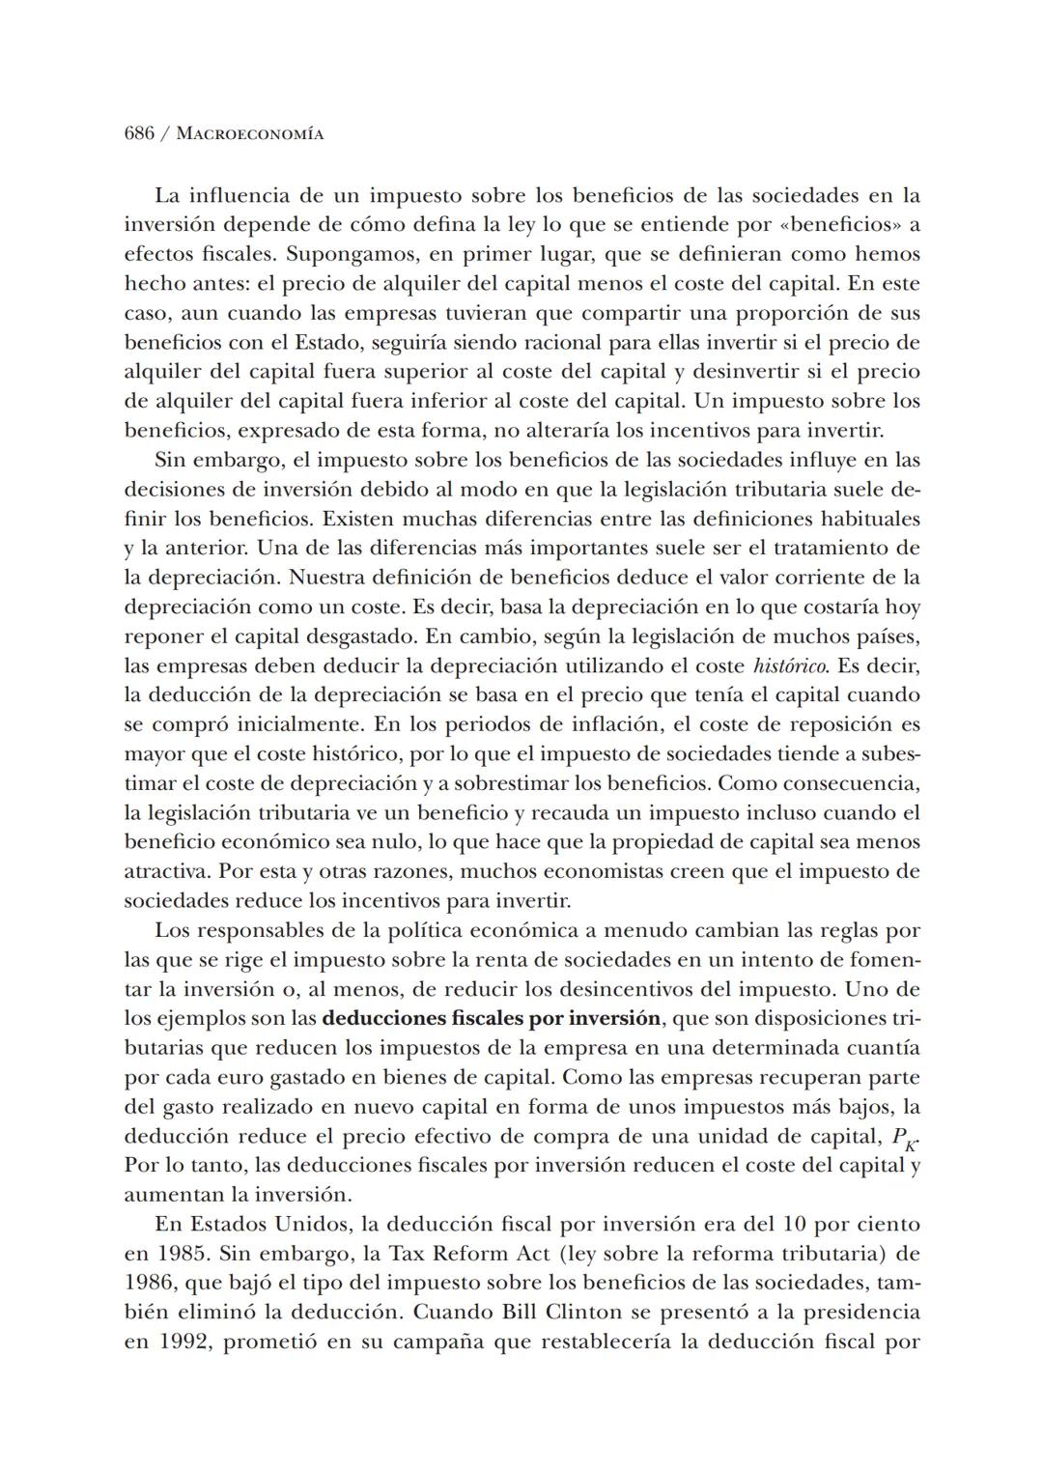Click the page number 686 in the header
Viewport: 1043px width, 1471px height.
point(140,134)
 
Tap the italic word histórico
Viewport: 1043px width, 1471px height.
point(791,666)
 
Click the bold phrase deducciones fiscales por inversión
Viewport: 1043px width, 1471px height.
point(491,1019)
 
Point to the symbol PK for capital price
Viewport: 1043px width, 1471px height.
point(904,1139)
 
